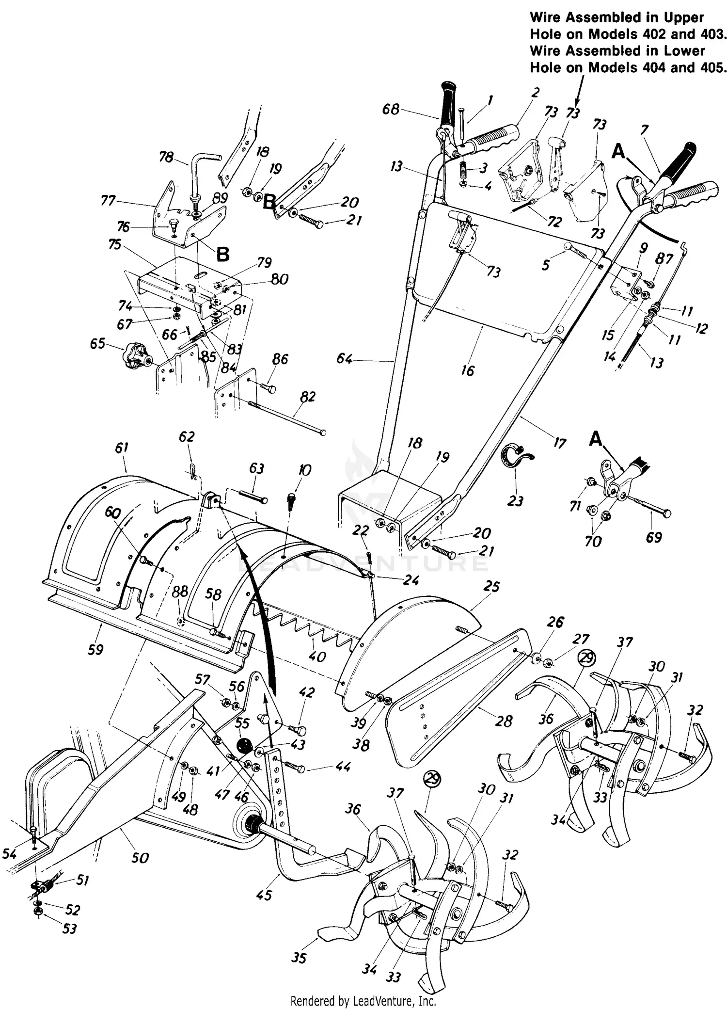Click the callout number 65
coord(97,343)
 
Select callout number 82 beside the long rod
coord(307,397)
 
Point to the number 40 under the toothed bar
coord(317,657)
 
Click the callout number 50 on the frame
coord(140,858)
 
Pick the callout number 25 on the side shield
coord(491,586)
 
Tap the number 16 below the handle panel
coord(468,370)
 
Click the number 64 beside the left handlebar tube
coord(345,359)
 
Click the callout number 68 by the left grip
coord(391,109)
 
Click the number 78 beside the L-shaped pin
coord(166,157)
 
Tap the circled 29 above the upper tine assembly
coord(586,658)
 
